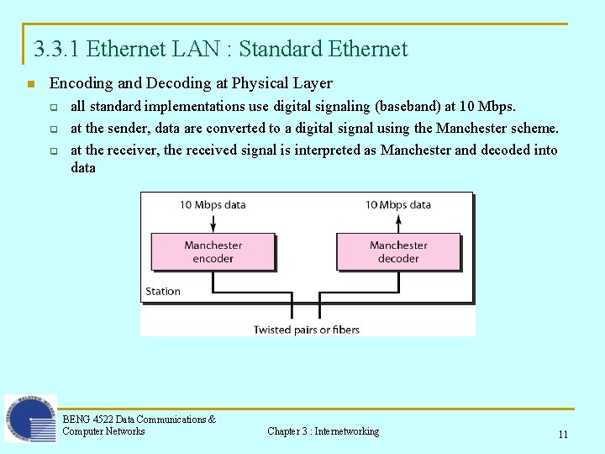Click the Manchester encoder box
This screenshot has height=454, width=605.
213,251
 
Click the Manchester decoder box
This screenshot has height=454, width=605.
398,251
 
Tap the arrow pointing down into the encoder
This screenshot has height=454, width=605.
213,223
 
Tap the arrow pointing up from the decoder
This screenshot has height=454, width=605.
398,223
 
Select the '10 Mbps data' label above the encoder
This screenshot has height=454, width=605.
213,204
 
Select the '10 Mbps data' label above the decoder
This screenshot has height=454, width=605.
398,204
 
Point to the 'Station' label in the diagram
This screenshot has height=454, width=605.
163,291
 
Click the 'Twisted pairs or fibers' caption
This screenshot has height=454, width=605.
307,330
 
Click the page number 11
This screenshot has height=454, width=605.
563,435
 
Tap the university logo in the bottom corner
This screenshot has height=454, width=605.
30,418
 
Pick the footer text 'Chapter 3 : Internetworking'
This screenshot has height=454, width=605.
323,431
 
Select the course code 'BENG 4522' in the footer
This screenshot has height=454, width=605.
87,419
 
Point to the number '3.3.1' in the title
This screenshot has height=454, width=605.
57,49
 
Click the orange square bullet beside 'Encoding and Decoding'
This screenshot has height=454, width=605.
30,84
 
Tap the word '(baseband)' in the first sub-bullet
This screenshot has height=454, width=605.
409,107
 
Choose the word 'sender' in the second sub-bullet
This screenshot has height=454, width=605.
124,129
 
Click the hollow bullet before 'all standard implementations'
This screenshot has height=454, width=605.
54,108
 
